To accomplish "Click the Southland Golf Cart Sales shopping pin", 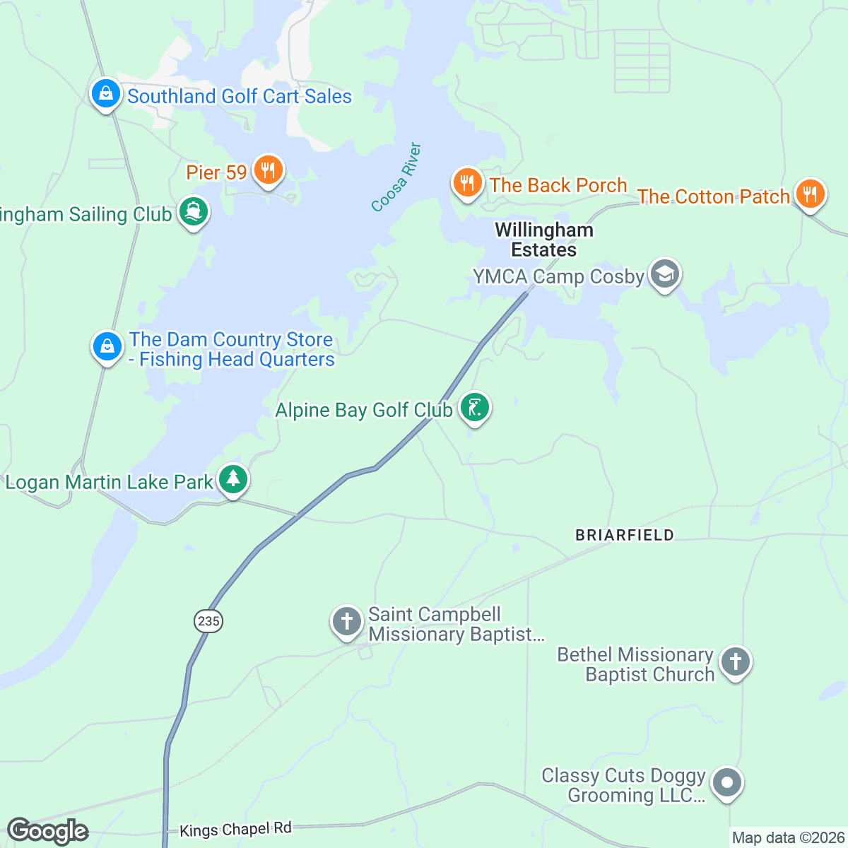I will (x=105, y=93).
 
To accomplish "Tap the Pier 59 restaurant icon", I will (x=268, y=170).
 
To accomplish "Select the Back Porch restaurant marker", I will (x=467, y=183).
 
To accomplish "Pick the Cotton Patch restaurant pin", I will (x=810, y=194).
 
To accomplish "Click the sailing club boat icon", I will (x=194, y=212).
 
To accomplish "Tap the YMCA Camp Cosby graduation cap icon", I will (x=664, y=274).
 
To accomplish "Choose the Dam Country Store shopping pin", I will (x=107, y=346).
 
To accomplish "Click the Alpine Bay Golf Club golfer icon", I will (x=475, y=408).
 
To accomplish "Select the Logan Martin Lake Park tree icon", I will (x=233, y=480).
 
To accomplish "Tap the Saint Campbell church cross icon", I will (x=346, y=622).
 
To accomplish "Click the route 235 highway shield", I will (x=208, y=621).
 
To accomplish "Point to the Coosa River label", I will (x=396, y=177).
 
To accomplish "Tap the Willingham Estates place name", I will (x=544, y=240).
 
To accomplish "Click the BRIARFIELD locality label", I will (x=625, y=535).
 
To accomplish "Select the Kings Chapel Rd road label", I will (x=235, y=829).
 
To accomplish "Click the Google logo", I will (x=47, y=831).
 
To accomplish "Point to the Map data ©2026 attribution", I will (x=788, y=838).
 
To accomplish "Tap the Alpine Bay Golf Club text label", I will (x=364, y=410).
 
